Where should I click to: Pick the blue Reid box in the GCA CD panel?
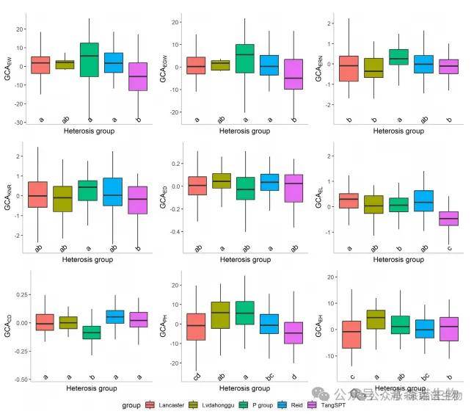(x=114, y=316)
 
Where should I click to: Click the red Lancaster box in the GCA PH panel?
(x=197, y=327)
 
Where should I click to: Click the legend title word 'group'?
(x=131, y=404)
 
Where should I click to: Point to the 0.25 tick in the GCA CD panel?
(x=20, y=294)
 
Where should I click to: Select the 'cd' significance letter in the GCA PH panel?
(x=197, y=377)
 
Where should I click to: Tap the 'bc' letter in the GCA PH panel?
(x=269, y=377)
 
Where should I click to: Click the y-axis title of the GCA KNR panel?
(x=9, y=197)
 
